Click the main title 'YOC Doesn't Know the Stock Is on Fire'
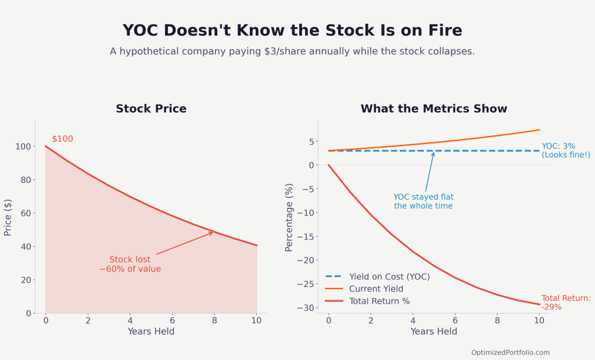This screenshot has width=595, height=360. [292, 31]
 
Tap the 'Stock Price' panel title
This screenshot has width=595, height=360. [151, 109]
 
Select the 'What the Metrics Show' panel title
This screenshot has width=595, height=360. [433, 109]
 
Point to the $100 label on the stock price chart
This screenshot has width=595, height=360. [63, 139]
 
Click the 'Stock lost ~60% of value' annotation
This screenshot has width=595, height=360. [130, 264]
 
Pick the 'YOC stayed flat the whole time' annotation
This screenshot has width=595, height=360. [423, 201]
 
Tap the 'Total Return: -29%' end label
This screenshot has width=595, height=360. [565, 303]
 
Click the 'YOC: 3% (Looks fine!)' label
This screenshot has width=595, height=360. [565, 150]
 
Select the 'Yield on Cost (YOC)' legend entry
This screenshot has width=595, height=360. [389, 276]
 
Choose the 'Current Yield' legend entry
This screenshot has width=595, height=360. [376, 289]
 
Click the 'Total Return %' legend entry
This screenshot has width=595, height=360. [379, 301]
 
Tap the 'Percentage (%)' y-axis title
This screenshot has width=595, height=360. [289, 217]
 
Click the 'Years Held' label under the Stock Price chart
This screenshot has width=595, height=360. [151, 332]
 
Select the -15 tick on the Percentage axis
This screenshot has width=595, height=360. [304, 236]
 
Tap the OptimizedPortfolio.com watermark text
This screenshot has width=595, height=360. [510, 352]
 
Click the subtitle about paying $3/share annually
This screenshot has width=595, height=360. [292, 51]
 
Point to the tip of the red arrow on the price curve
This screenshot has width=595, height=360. [213, 232]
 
